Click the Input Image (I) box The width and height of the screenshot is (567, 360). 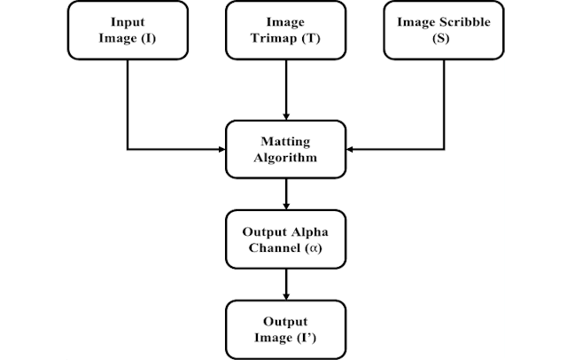(x=128, y=31)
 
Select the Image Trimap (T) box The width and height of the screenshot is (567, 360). (x=283, y=31)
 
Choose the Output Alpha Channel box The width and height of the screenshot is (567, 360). (x=284, y=239)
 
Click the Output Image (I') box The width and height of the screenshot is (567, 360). (x=284, y=329)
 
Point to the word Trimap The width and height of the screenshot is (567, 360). (x=276, y=38)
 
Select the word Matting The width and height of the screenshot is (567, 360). (x=284, y=141)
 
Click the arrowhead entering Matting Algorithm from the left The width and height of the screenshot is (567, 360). (x=221, y=149)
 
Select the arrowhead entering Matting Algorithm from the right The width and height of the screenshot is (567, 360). (x=347, y=149)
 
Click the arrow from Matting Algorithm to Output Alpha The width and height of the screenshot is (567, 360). (x=284, y=193)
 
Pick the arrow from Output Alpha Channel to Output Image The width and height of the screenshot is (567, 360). (x=284, y=284)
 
